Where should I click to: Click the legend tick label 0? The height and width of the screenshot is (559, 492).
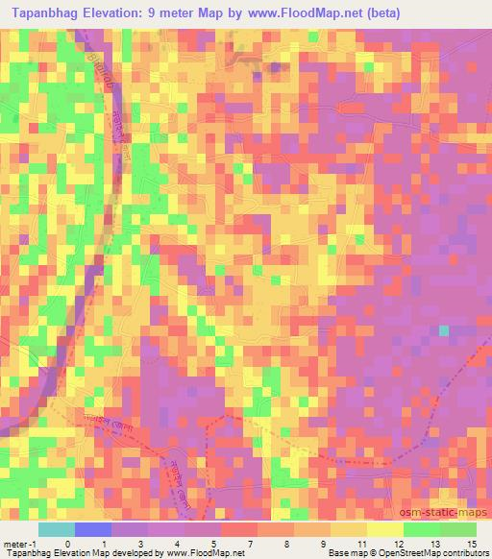tap(67, 543)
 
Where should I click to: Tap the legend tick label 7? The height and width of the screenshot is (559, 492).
tap(250, 543)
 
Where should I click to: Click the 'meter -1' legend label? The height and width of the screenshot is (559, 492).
tap(19, 543)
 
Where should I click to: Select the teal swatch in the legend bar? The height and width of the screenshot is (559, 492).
tap(58, 529)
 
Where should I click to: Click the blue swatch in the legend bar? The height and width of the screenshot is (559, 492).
tap(93, 529)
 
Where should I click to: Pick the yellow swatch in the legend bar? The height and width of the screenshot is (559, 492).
tap(384, 529)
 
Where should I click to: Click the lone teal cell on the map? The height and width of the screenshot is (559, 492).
tap(443, 331)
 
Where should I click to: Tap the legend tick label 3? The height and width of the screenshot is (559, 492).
tap(140, 543)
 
